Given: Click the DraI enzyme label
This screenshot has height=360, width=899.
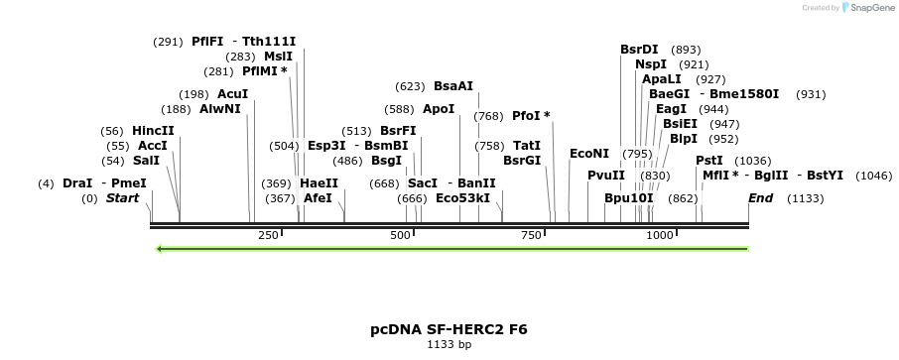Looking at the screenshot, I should point(77,183).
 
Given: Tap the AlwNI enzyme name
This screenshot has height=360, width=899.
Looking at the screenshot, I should point(220,109).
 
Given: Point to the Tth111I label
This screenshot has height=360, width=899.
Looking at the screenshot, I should point(269,42).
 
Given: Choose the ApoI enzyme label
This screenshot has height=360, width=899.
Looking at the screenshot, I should point(439,109).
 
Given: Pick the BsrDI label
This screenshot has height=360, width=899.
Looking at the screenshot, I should point(639,50).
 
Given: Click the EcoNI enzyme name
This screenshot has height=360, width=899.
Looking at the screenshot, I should point(589,154).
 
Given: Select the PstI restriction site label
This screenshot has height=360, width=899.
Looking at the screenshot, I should point(708,161).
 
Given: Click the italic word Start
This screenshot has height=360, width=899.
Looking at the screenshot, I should point(122,198).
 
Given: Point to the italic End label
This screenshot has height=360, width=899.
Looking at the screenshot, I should point(760,198).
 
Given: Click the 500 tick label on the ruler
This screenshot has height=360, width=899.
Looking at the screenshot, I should point(401,235).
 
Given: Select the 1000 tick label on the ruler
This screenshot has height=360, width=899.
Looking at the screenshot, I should point(660,235).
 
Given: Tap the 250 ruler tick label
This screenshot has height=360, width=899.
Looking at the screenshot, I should point(268,235).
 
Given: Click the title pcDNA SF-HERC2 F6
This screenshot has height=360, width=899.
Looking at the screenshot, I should point(449,328).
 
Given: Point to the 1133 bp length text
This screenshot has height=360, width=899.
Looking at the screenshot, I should point(449,345).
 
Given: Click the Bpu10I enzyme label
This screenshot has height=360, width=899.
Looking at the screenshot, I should point(629,198).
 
